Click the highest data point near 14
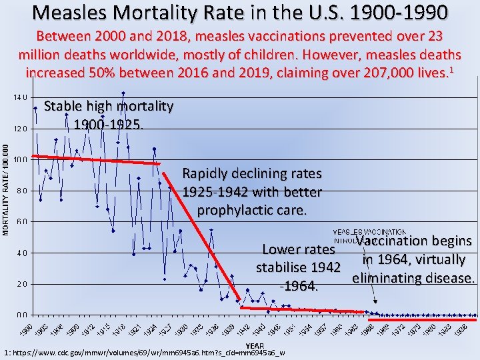click(x=123, y=93)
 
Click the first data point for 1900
click(x=35, y=109)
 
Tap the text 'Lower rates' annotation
click(x=298, y=249)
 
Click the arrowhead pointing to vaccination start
click(x=375, y=301)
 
